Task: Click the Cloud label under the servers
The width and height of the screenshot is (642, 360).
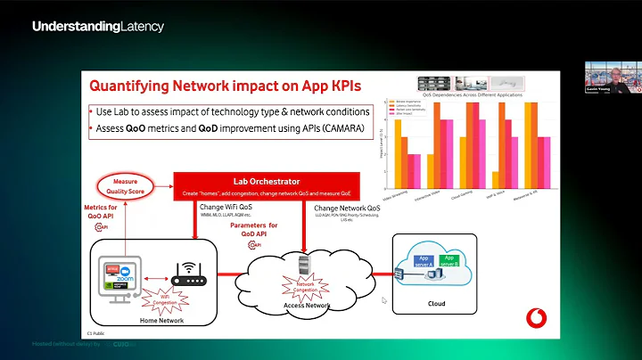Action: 437,303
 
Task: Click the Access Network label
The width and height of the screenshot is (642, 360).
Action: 306,307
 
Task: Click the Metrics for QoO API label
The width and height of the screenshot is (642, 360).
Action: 102,212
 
